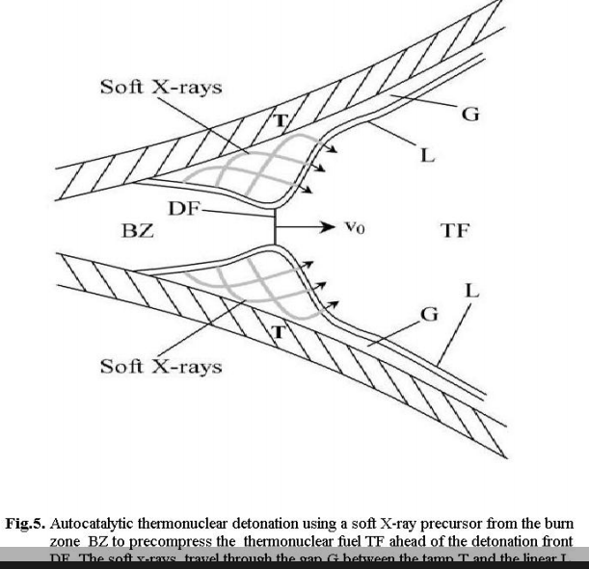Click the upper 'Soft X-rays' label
pos(161,88)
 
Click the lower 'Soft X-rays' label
pos(161,366)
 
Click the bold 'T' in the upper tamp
pos(281,121)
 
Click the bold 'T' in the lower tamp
pos(280,333)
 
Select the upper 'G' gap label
pos(470,116)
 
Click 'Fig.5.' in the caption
pos(25,525)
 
